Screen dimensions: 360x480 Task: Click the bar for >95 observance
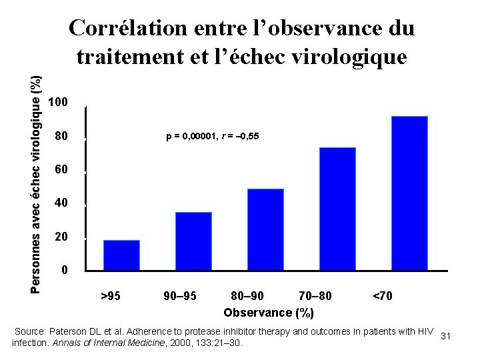[121, 255]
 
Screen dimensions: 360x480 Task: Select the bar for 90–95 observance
[193, 241]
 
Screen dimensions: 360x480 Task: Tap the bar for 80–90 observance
[265, 229]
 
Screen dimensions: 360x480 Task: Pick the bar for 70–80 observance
[337, 208]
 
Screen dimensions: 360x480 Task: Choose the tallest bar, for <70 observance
[409, 193]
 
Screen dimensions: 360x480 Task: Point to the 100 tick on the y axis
[59, 103]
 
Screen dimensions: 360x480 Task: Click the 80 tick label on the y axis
[61, 137]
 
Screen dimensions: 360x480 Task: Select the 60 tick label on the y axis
[61, 171]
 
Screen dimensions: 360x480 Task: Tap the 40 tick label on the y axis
[61, 203]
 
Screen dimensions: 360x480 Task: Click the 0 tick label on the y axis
[64, 271]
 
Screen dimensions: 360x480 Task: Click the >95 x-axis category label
[110, 295]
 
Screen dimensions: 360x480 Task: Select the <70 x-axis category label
[382, 295]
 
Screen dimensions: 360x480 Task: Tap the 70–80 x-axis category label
[315, 295]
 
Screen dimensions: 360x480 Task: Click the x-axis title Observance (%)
[269, 312]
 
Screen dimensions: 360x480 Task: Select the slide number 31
[446, 336]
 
